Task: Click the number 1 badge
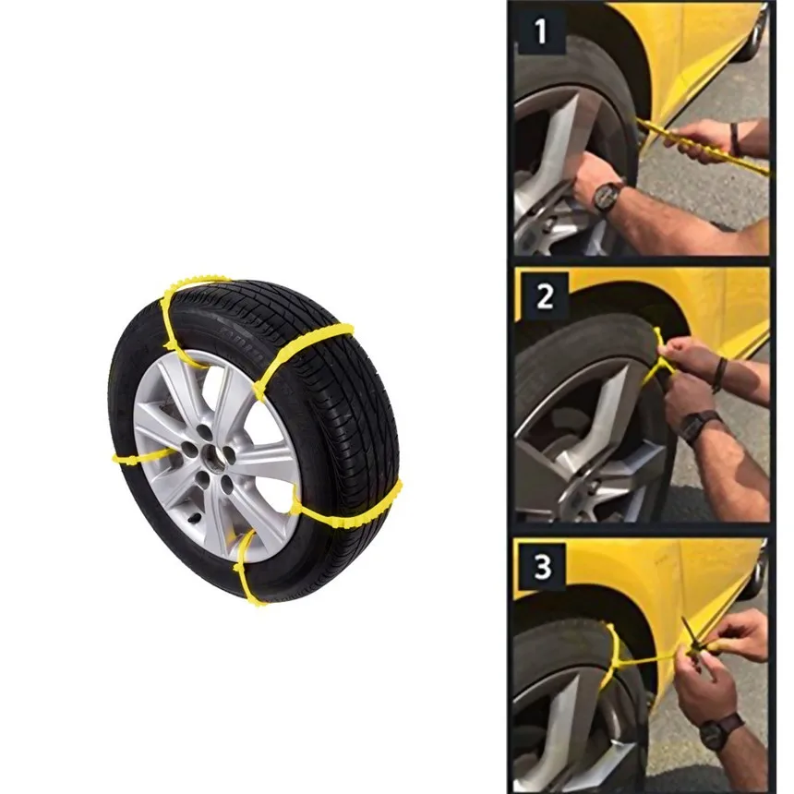click(x=541, y=30)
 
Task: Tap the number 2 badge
click(x=545, y=296)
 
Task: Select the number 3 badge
click(x=542, y=566)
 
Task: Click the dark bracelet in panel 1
click(x=735, y=138)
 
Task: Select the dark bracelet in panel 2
click(x=719, y=374)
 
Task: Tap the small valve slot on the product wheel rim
click(x=195, y=517)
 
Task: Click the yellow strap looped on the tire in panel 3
click(x=614, y=659)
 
